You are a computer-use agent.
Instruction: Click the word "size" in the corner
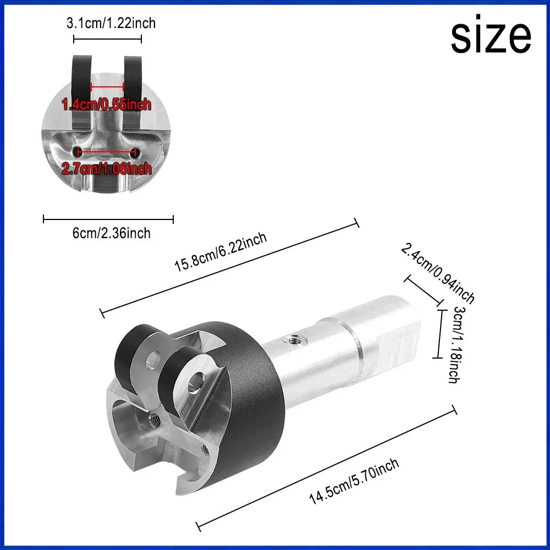(491, 34)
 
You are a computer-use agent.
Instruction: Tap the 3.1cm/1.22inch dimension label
(111, 23)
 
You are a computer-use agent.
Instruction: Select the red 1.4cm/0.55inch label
(106, 105)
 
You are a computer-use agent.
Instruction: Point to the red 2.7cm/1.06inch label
(107, 169)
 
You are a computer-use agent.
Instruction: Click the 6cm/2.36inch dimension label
(112, 233)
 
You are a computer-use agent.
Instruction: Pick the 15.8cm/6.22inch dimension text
(221, 251)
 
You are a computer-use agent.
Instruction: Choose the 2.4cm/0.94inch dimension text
(438, 273)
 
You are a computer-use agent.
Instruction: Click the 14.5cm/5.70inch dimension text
(354, 481)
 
